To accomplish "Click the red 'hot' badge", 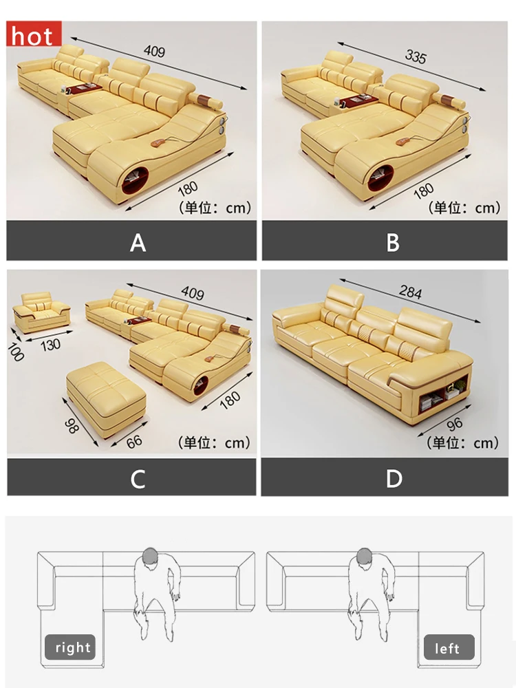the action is [x=34, y=33].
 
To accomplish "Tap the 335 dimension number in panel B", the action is [x=415, y=56].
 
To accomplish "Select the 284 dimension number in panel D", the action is [x=411, y=292].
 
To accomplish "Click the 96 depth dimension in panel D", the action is [x=455, y=424].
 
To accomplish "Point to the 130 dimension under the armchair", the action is [x=50, y=345].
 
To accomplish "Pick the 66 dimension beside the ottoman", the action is [x=134, y=441].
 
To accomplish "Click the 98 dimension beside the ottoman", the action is [x=72, y=426].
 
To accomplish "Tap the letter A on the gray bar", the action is [x=138, y=242].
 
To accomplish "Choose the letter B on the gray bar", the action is [x=393, y=242].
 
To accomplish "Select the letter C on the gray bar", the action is [x=138, y=479].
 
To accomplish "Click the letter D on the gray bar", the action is [x=394, y=478].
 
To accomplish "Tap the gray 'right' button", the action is [x=70, y=647].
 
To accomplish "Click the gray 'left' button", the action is [x=449, y=647].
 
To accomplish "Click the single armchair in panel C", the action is [x=42, y=312].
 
